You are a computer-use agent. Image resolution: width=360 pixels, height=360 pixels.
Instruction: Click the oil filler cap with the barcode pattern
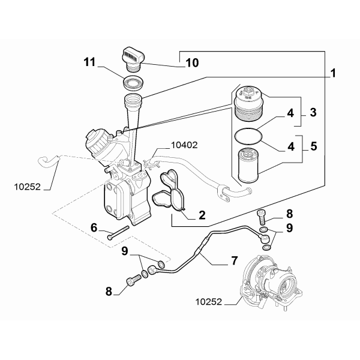point(132,58)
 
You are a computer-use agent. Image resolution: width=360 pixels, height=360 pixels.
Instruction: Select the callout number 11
point(89,62)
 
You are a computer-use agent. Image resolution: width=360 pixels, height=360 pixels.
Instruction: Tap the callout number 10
point(193,63)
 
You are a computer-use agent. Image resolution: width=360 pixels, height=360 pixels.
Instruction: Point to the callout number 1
point(333,73)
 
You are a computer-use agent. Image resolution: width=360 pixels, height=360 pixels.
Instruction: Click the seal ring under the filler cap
point(133,82)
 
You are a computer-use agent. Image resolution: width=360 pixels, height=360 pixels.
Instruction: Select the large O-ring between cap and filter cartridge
point(248,136)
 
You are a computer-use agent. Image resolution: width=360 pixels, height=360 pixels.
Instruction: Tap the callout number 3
point(313,113)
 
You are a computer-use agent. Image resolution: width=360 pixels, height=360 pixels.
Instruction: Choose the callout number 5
point(314,146)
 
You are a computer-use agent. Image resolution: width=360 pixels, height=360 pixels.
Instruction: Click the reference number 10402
point(184,145)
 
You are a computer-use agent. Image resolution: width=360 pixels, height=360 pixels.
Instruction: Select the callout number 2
point(202,215)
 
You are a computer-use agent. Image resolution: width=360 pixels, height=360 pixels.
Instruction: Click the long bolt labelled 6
point(118,233)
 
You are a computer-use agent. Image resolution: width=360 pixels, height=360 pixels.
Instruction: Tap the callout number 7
point(234,260)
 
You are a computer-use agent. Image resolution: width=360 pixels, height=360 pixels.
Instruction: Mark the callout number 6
point(94,228)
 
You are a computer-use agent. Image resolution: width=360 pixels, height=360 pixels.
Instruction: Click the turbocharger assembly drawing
point(271,284)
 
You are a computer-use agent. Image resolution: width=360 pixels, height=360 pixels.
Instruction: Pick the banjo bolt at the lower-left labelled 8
point(133,281)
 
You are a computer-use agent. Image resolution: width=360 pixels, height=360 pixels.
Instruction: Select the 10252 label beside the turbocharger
point(209,302)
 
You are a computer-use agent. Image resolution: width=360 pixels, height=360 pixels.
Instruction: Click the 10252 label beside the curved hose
point(28,187)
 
